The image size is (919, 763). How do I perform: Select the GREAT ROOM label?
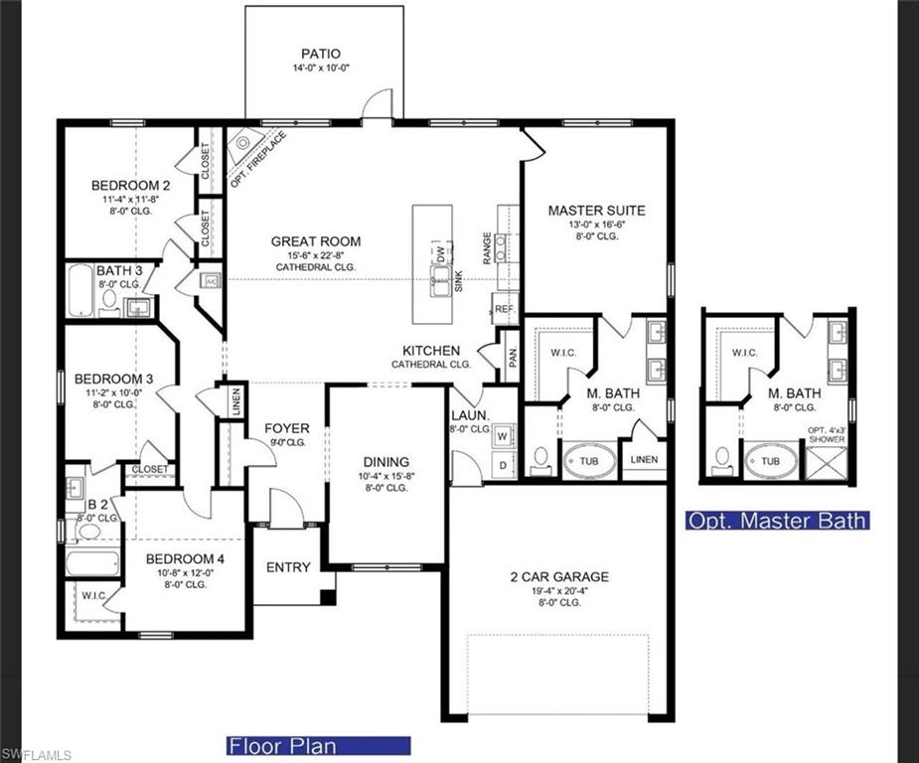click(316, 241)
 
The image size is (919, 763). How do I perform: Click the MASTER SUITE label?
click(596, 211)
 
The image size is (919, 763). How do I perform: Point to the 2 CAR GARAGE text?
click(559, 577)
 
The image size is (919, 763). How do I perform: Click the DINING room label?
click(385, 462)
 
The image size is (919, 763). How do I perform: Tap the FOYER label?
click(286, 429)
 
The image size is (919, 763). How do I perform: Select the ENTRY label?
click(288, 567)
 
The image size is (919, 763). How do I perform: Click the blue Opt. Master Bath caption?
click(777, 521)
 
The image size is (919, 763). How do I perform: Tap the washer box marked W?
click(503, 435)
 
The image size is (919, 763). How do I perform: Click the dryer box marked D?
click(503, 465)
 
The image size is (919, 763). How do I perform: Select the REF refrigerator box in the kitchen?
click(506, 309)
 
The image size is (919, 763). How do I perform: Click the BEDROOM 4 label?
click(185, 559)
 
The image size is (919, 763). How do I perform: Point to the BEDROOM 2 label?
click(131, 186)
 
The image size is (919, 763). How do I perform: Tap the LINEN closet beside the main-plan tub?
click(643, 459)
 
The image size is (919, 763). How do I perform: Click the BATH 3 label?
click(119, 271)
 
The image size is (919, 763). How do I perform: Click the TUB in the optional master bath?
click(771, 462)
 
